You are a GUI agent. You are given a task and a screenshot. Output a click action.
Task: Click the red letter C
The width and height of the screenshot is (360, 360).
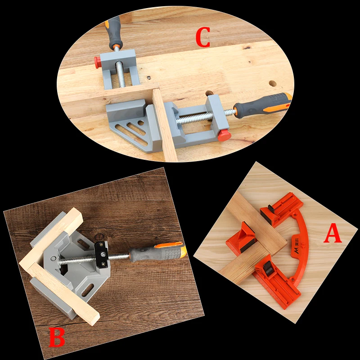click(203, 37)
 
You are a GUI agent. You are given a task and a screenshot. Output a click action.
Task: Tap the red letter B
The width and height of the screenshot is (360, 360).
click(57, 337)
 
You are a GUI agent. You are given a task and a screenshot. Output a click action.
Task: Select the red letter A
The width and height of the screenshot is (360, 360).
click(333, 233)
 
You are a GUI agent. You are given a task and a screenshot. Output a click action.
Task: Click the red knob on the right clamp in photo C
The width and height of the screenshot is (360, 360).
click(224, 135)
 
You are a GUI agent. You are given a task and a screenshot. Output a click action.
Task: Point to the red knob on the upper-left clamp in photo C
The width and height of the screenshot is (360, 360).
click(98, 62)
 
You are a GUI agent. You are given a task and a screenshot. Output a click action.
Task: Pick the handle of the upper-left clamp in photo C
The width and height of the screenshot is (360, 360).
click(114, 32)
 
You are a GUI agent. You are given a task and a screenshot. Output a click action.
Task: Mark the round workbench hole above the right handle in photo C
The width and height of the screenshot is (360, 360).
click(273, 83)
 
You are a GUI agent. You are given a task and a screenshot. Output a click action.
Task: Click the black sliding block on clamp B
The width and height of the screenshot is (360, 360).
click(102, 254)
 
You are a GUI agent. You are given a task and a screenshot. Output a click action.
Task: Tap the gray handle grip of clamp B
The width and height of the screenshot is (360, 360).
click(156, 254)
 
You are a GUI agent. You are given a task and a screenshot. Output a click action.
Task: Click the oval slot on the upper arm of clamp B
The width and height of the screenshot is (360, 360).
click(83, 244)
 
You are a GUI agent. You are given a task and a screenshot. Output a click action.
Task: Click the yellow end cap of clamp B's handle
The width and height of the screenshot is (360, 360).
click(183, 251)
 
